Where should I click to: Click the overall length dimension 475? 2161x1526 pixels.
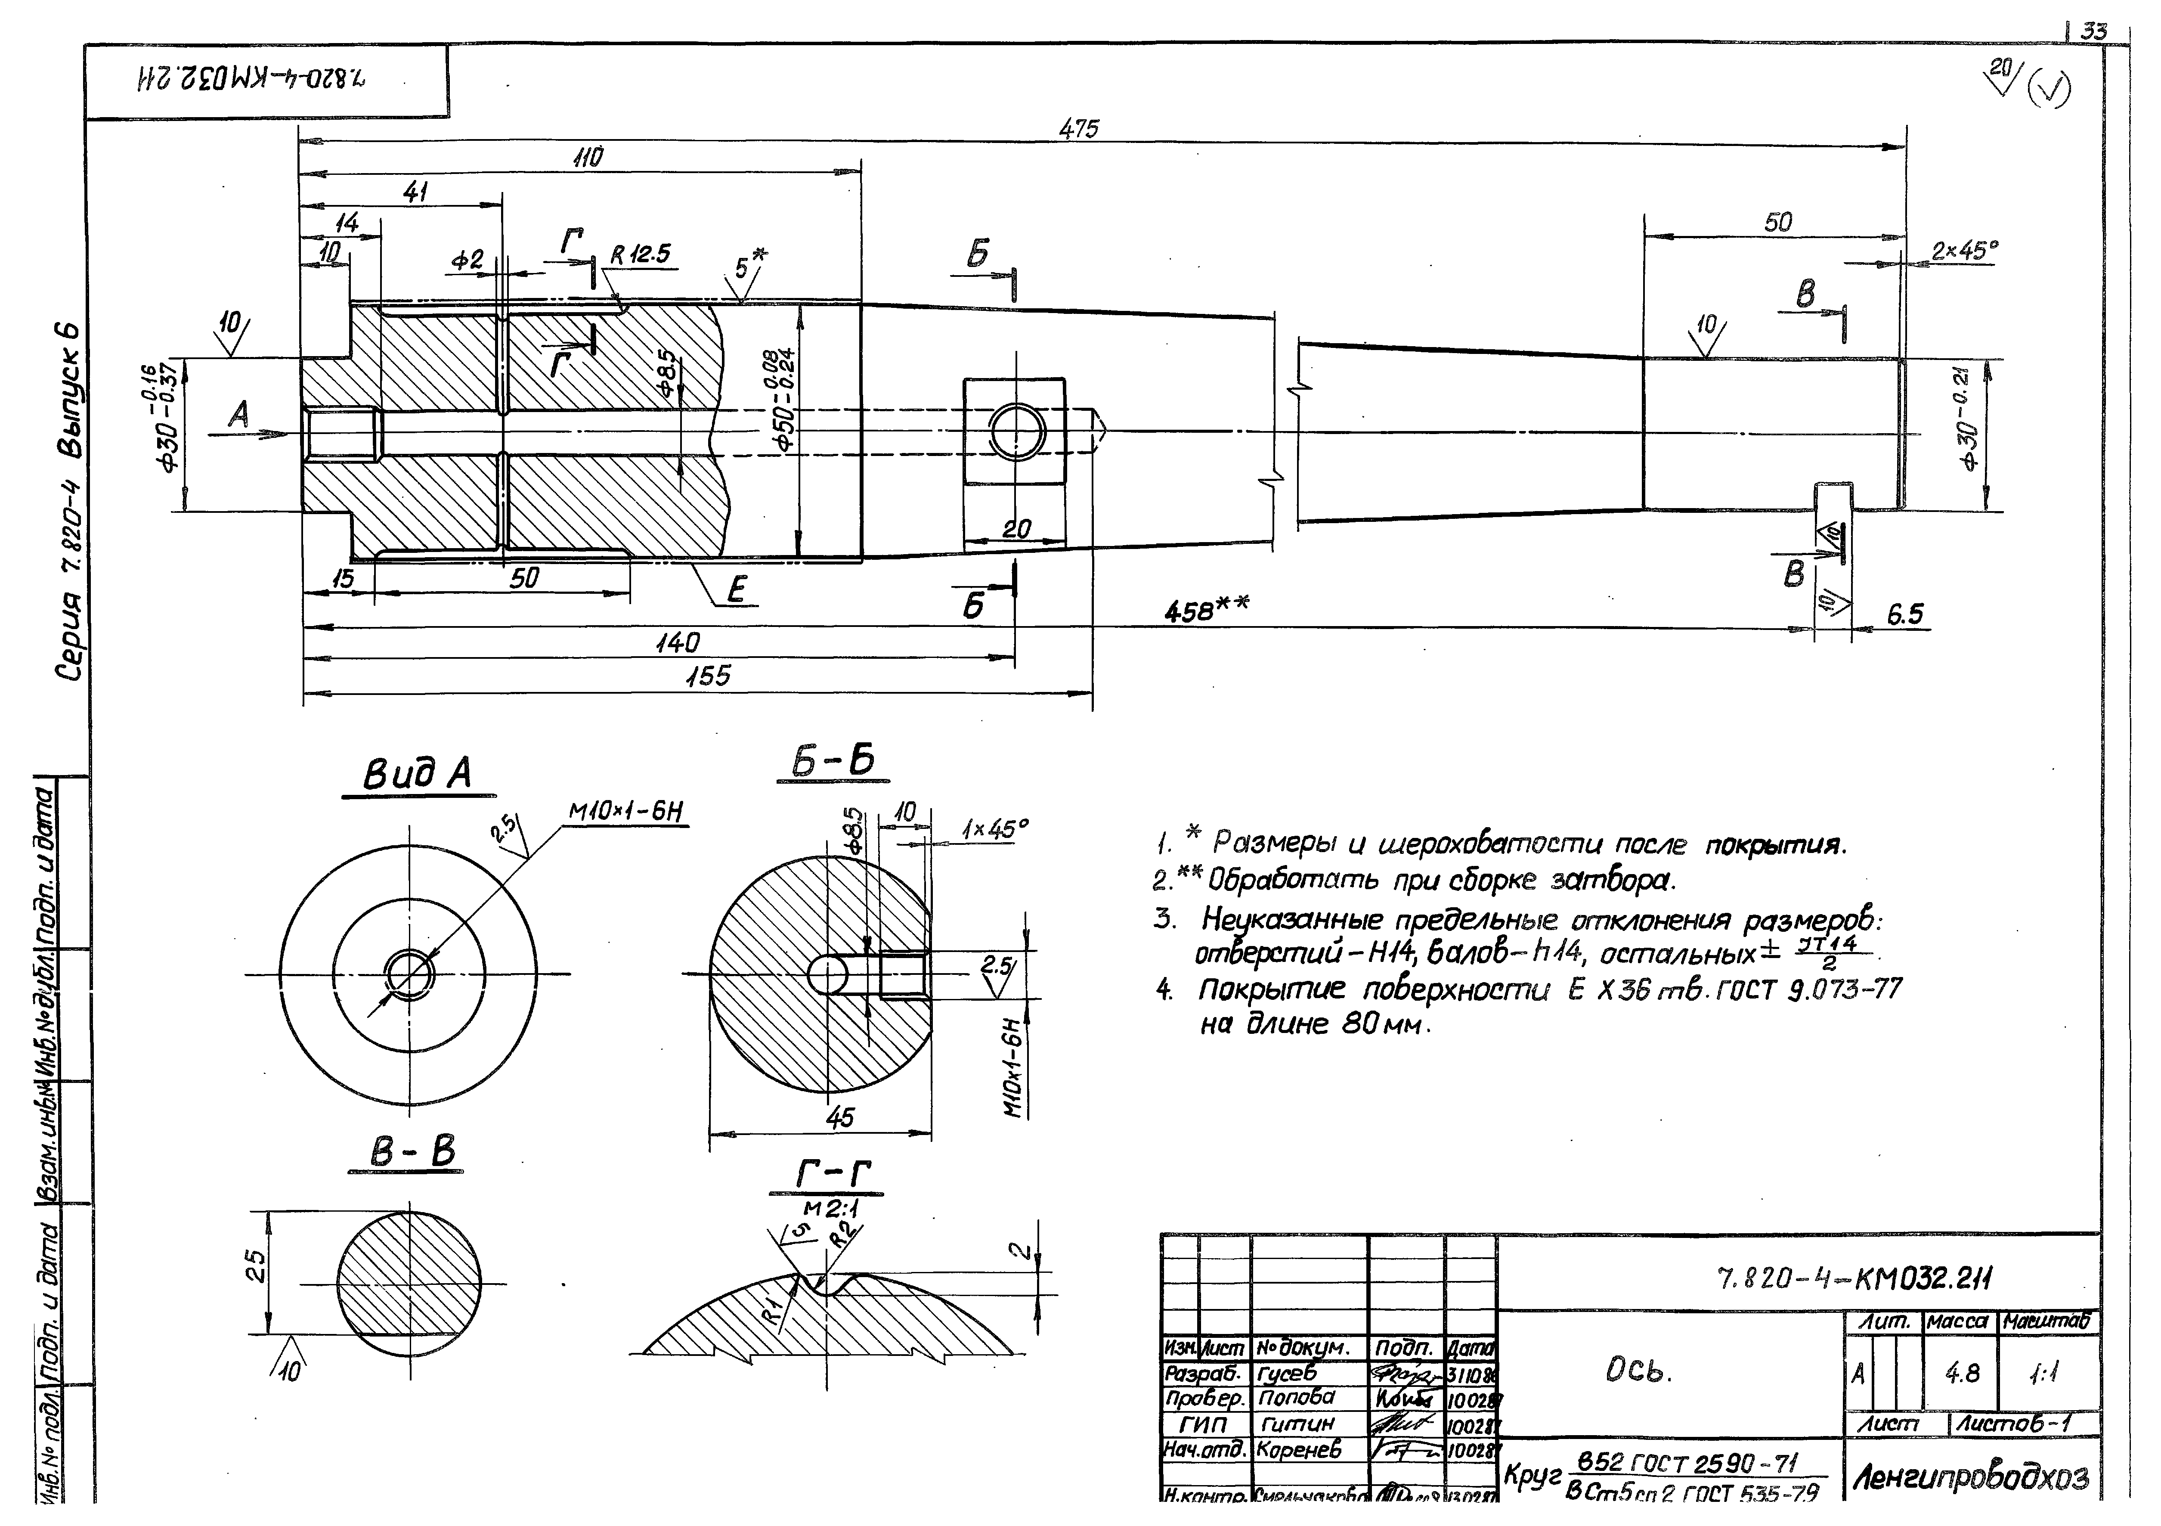(x=1079, y=129)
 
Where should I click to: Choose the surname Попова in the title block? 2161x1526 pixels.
(x=1297, y=1397)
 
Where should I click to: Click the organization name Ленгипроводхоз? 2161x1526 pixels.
(x=1971, y=1479)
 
